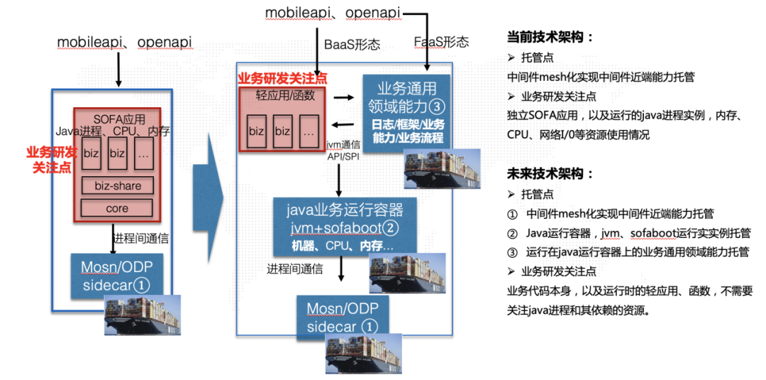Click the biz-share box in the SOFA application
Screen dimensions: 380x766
(117, 186)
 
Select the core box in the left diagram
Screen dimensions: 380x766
(117, 209)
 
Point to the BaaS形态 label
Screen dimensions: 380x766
(352, 44)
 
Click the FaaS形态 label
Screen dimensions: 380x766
(441, 42)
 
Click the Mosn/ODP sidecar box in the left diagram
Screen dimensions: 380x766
(116, 276)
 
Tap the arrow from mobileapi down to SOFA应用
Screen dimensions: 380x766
(118, 70)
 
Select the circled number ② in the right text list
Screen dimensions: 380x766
(512, 233)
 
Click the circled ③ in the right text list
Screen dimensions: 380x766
(512, 251)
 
